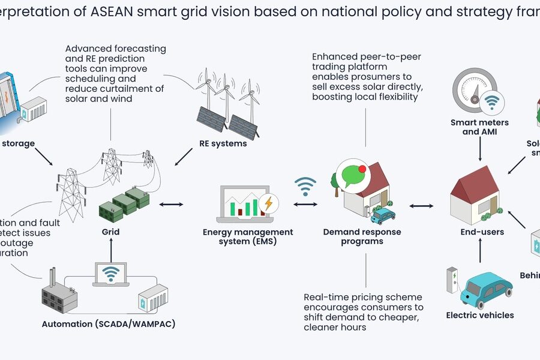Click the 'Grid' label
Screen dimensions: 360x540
tap(110, 232)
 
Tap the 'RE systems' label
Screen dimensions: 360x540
tap(223, 143)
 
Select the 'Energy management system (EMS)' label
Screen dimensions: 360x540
tap(248, 236)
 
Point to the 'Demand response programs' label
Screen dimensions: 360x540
tap(362, 236)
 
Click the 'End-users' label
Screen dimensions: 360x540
tap(478, 232)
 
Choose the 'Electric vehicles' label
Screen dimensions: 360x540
tap(480, 315)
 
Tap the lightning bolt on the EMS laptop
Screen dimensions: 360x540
tap(268, 203)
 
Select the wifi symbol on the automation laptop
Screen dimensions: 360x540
tap(110, 274)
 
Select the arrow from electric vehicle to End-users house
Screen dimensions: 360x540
tap(480, 252)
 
